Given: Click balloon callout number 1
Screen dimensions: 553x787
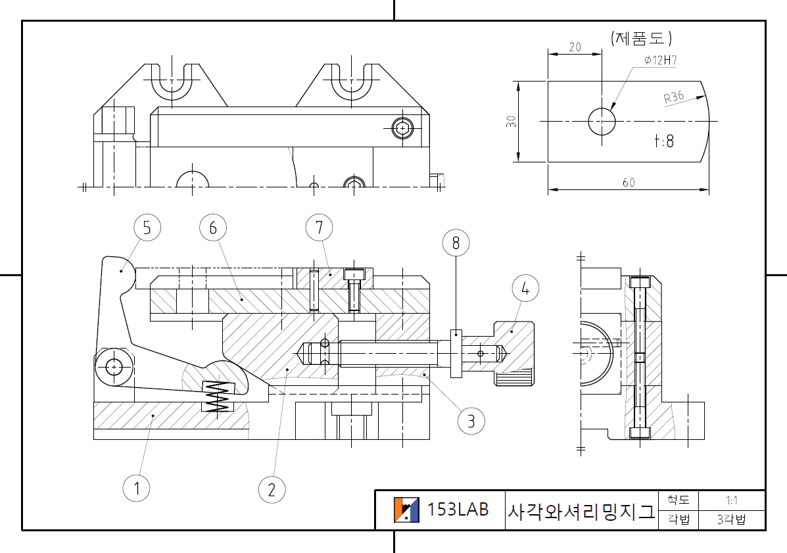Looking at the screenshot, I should [x=137, y=488].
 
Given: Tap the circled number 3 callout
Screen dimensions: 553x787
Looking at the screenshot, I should [x=471, y=421].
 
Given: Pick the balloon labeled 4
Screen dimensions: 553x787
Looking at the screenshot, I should [x=525, y=289].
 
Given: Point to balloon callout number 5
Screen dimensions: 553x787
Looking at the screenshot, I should [x=147, y=228].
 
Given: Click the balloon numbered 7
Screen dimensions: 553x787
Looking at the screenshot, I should [x=319, y=228].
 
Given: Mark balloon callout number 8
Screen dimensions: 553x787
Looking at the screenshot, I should [x=456, y=243].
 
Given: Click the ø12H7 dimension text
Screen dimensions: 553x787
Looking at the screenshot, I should [x=660, y=60].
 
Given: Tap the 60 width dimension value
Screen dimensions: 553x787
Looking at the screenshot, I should [x=629, y=183].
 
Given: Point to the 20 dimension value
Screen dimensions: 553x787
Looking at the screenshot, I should [x=575, y=47].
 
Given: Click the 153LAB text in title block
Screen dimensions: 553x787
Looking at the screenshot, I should [x=458, y=509].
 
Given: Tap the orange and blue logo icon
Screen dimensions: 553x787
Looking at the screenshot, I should [x=406, y=510].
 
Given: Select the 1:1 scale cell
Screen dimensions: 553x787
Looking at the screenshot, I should [x=731, y=500].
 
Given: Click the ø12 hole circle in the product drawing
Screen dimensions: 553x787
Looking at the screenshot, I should [x=602, y=122].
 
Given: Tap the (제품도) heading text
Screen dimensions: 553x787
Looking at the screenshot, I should [x=641, y=37].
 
